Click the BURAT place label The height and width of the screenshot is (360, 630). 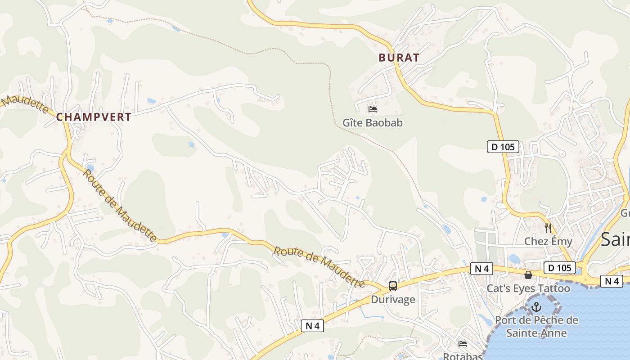tap(399, 58)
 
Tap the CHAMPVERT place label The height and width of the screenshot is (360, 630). tap(94, 117)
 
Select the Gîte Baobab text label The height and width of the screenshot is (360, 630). tap(373, 122)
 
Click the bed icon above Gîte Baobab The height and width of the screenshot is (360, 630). tap(373, 109)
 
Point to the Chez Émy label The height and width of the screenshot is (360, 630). tap(548, 241)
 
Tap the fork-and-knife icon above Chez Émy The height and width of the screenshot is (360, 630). tap(548, 228)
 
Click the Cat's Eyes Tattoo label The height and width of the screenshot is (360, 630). tap(528, 288)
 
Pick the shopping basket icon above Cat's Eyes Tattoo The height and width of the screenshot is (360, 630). tap(528, 274)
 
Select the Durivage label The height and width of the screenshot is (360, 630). tap(393, 299)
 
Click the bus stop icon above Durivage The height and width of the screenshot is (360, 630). tap(393, 286)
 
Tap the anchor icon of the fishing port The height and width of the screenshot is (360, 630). tap(536, 307)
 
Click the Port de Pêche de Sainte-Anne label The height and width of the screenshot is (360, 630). tap(536, 327)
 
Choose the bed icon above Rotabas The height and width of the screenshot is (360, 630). tap(463, 344)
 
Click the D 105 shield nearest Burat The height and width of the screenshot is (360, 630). tap(503, 146)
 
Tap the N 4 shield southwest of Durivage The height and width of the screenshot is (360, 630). tap(312, 326)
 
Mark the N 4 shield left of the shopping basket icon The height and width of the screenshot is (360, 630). tap(481, 269)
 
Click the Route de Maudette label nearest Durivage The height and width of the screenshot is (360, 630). tap(319, 267)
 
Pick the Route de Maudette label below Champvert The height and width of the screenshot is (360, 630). tap(120, 205)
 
